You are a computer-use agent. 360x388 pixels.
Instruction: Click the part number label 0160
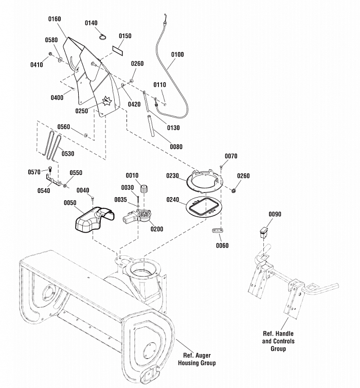(55, 19)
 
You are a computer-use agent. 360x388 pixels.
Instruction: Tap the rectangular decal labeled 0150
(118, 49)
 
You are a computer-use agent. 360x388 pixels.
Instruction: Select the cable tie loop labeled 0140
(103, 37)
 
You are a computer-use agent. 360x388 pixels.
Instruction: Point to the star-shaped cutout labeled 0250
(107, 101)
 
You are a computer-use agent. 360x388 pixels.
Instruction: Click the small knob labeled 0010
(144, 188)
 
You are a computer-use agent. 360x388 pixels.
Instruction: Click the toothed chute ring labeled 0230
(205, 181)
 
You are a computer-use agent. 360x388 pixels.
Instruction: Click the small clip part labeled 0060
(218, 231)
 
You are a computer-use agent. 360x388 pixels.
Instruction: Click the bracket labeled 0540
(53, 180)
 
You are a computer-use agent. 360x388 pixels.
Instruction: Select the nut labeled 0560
(85, 135)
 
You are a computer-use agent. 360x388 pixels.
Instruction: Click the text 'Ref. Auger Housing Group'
(197, 359)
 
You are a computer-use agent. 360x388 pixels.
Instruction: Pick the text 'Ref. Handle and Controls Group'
(278, 341)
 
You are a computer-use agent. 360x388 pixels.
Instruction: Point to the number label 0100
(177, 55)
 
